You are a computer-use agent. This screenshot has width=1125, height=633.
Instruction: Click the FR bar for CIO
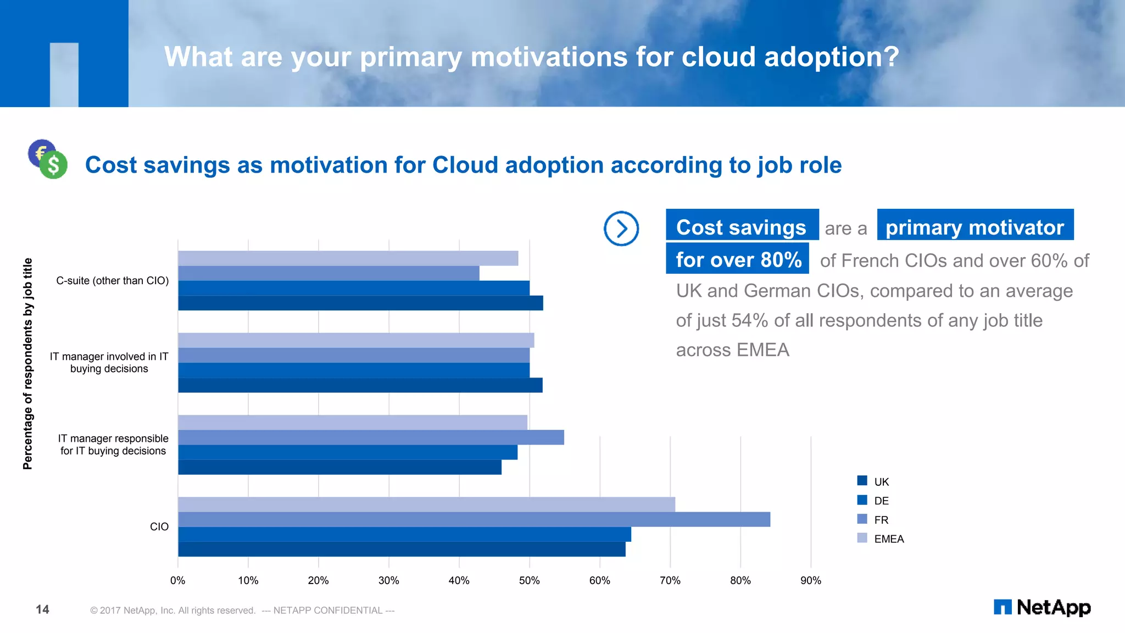pyautogui.click(x=474, y=519)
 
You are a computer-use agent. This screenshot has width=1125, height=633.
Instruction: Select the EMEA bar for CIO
pyautogui.click(x=426, y=504)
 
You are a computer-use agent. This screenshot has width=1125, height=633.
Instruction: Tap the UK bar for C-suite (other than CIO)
pyautogui.click(x=360, y=303)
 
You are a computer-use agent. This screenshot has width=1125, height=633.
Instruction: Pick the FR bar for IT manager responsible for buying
pyautogui.click(x=371, y=437)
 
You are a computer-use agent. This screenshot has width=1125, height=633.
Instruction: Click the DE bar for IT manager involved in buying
pyautogui.click(x=354, y=370)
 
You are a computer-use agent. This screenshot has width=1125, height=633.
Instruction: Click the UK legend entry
pyautogui.click(x=873, y=481)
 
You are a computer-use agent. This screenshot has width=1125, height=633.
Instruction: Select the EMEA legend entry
pyautogui.click(x=880, y=538)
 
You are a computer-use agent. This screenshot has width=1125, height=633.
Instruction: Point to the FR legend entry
pyautogui.click(x=873, y=519)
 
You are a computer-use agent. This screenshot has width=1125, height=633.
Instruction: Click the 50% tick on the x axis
pyautogui.click(x=529, y=580)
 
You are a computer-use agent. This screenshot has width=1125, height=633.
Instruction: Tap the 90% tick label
pyautogui.click(x=810, y=580)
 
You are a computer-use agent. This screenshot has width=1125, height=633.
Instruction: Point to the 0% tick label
pyautogui.click(x=177, y=580)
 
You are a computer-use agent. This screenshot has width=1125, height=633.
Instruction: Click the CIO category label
pyautogui.click(x=159, y=526)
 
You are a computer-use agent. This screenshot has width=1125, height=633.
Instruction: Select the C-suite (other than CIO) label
pyautogui.click(x=113, y=281)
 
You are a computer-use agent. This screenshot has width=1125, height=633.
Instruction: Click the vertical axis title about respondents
pyautogui.click(x=27, y=364)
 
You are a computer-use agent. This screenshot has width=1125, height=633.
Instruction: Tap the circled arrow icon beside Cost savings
pyautogui.click(x=621, y=229)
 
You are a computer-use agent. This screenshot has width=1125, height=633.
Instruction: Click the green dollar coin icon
pyautogui.click(x=53, y=165)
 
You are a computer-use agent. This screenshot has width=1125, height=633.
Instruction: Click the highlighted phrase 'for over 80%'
pyautogui.click(x=737, y=259)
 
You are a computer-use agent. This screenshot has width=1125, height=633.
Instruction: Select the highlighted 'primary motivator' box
pyautogui.click(x=974, y=225)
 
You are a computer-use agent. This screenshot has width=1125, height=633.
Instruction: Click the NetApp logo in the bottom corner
pyautogui.click(x=1042, y=607)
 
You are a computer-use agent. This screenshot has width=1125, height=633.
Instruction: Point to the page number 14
pyautogui.click(x=42, y=609)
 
